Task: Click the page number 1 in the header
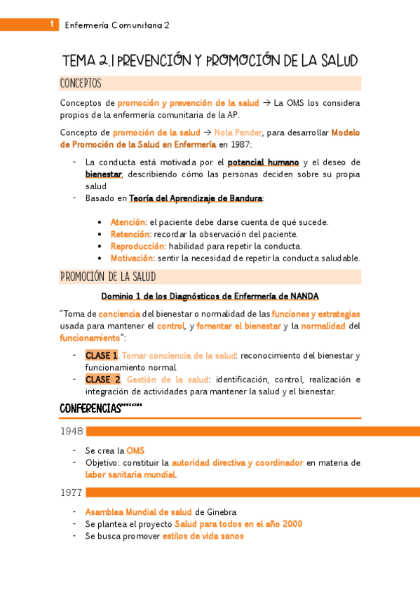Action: (52, 25)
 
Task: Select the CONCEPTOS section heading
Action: (81, 84)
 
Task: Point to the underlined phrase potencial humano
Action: (263, 163)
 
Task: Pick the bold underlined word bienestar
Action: (103, 174)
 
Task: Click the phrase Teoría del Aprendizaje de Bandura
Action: (196, 198)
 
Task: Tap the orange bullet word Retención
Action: (130, 234)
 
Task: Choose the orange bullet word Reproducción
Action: (137, 246)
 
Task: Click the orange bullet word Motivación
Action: (132, 258)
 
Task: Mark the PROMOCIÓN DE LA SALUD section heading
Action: (107, 277)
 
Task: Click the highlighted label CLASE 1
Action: (102, 356)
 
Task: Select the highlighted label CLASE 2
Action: (103, 380)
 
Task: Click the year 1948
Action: (72, 431)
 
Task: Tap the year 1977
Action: (72, 492)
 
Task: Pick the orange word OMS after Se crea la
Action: (135, 451)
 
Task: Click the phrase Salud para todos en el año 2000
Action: (238, 524)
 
